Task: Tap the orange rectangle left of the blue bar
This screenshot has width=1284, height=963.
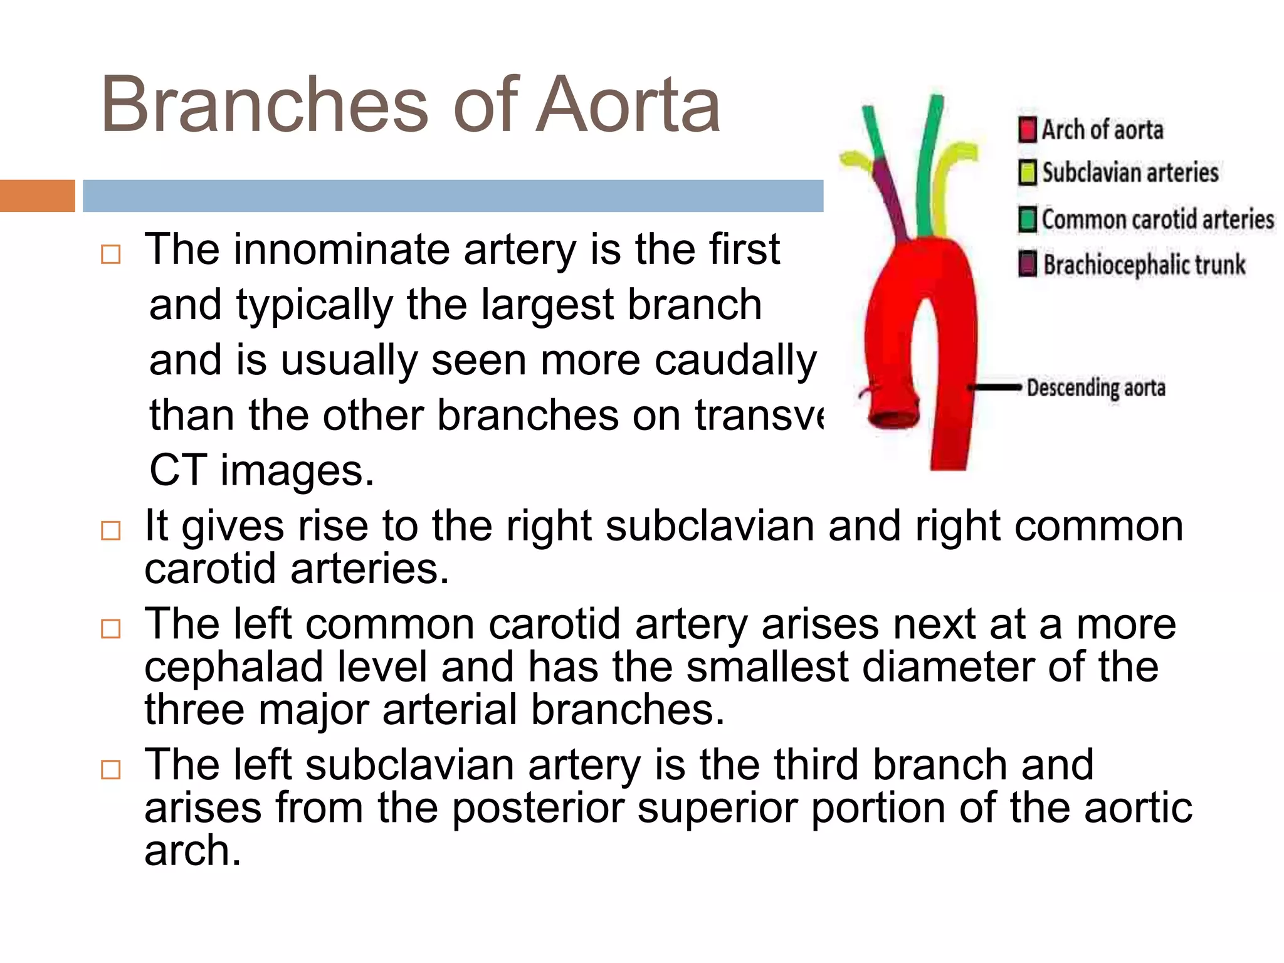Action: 37,196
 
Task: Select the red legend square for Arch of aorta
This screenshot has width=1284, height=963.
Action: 1028,130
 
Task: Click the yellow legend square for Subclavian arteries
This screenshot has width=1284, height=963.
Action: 1028,173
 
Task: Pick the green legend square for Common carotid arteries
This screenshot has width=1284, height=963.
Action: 1028,219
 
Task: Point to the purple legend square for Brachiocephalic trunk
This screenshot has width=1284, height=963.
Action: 1028,264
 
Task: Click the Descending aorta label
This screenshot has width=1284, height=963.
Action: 1096,388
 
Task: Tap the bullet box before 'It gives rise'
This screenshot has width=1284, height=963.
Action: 111,530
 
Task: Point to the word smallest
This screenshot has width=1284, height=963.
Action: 767,667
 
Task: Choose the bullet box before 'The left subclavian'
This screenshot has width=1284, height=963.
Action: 111,769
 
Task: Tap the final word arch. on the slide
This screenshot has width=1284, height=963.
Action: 192,851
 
